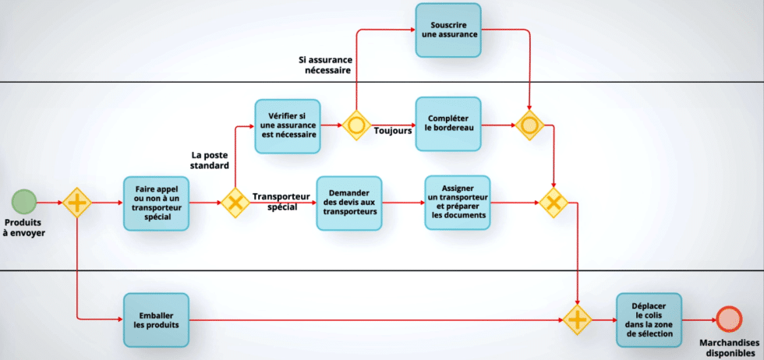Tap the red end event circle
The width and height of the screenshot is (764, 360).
(729, 319)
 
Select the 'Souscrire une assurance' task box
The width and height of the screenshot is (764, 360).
(447, 30)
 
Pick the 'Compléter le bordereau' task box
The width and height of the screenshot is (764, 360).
(447, 124)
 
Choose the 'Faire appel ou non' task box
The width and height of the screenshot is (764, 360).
(157, 203)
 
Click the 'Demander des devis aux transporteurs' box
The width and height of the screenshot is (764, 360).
(349, 203)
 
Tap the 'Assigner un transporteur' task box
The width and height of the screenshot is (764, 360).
(458, 203)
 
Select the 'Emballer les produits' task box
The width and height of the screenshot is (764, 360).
(156, 319)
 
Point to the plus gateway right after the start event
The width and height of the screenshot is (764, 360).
(77, 203)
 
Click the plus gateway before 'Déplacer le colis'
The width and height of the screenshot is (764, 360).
(578, 319)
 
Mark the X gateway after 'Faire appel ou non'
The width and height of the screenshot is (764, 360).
(235, 203)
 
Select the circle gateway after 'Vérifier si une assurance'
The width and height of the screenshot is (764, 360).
(357, 125)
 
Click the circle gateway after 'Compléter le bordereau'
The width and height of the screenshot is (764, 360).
(529, 125)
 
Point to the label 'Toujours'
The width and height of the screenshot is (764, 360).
(392, 132)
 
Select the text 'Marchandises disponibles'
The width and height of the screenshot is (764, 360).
(729, 347)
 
